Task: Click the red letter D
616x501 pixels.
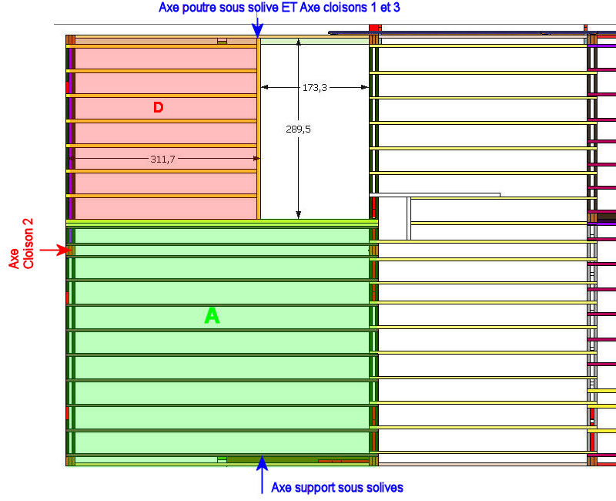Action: [158, 107]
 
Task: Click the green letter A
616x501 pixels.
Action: [212, 315]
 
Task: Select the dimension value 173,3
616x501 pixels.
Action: [314, 88]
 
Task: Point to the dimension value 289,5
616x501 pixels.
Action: [298, 129]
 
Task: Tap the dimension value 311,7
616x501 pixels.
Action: [162, 159]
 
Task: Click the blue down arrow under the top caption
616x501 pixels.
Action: [258, 28]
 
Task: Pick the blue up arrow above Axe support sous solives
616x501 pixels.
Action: [262, 465]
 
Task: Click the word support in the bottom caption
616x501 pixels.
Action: [316, 487]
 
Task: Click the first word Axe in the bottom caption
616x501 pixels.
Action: [282, 487]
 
